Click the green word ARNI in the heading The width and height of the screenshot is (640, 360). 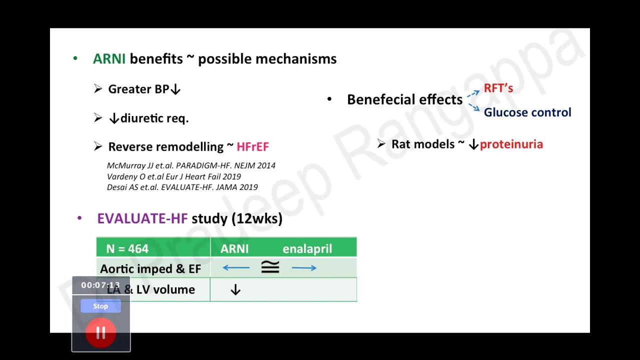click(x=109, y=59)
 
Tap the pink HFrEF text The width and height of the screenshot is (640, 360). click(x=252, y=146)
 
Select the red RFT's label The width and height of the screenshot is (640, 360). click(x=498, y=88)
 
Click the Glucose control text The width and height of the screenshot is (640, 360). click(x=527, y=112)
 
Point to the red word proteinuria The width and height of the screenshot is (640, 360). click(x=511, y=144)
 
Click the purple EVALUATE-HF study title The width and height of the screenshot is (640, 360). click(x=142, y=218)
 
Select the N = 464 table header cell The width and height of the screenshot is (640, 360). click(x=127, y=248)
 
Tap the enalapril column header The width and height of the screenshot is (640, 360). click(x=307, y=248)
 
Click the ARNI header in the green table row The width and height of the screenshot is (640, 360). click(x=234, y=248)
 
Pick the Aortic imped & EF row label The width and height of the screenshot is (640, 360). click(x=150, y=268)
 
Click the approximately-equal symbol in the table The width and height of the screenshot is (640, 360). click(x=270, y=267)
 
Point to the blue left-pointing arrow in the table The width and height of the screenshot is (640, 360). click(x=236, y=268)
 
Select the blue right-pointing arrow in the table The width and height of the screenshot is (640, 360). click(x=304, y=268)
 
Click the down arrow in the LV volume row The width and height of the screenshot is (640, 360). click(x=235, y=290)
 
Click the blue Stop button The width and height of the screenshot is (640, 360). click(x=100, y=306)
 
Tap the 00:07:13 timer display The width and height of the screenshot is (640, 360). click(x=100, y=285)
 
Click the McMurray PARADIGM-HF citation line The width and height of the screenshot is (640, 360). click(x=191, y=165)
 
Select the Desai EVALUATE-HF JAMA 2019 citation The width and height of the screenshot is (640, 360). click(x=182, y=187)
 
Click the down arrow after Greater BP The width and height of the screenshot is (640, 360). click(x=175, y=89)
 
